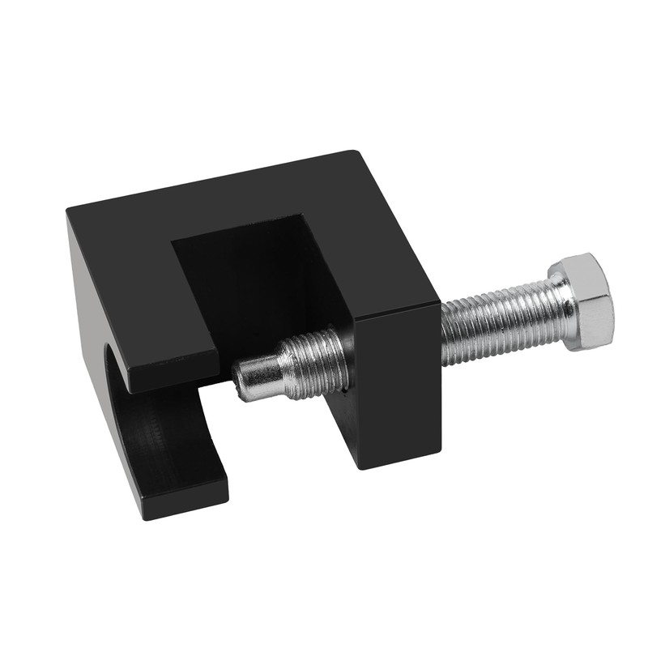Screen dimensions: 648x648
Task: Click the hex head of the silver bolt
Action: (x=581, y=301)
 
